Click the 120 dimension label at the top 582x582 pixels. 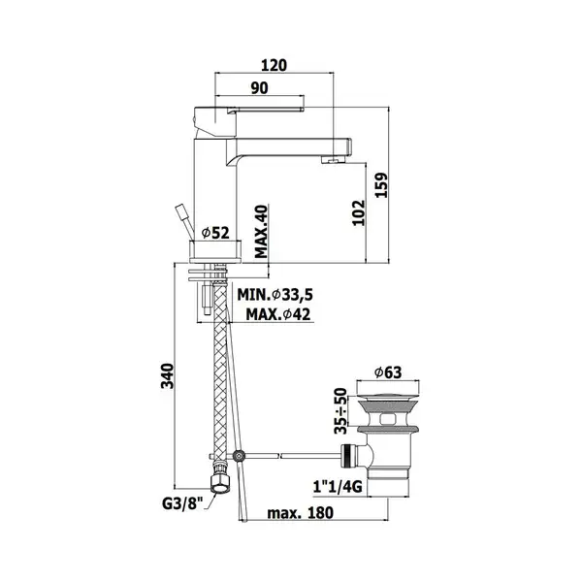pos(274,65)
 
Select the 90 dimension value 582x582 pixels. pos(259,88)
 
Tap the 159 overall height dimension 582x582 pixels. pos(381,185)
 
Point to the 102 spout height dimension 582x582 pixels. pos(359,212)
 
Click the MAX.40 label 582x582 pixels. pos(261,231)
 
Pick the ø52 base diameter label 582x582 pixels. pos(215,233)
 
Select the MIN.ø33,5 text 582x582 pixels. pos(275,295)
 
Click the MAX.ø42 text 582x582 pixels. pos(278,314)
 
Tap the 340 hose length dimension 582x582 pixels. pos(167,376)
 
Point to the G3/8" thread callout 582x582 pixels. pos(182,504)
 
